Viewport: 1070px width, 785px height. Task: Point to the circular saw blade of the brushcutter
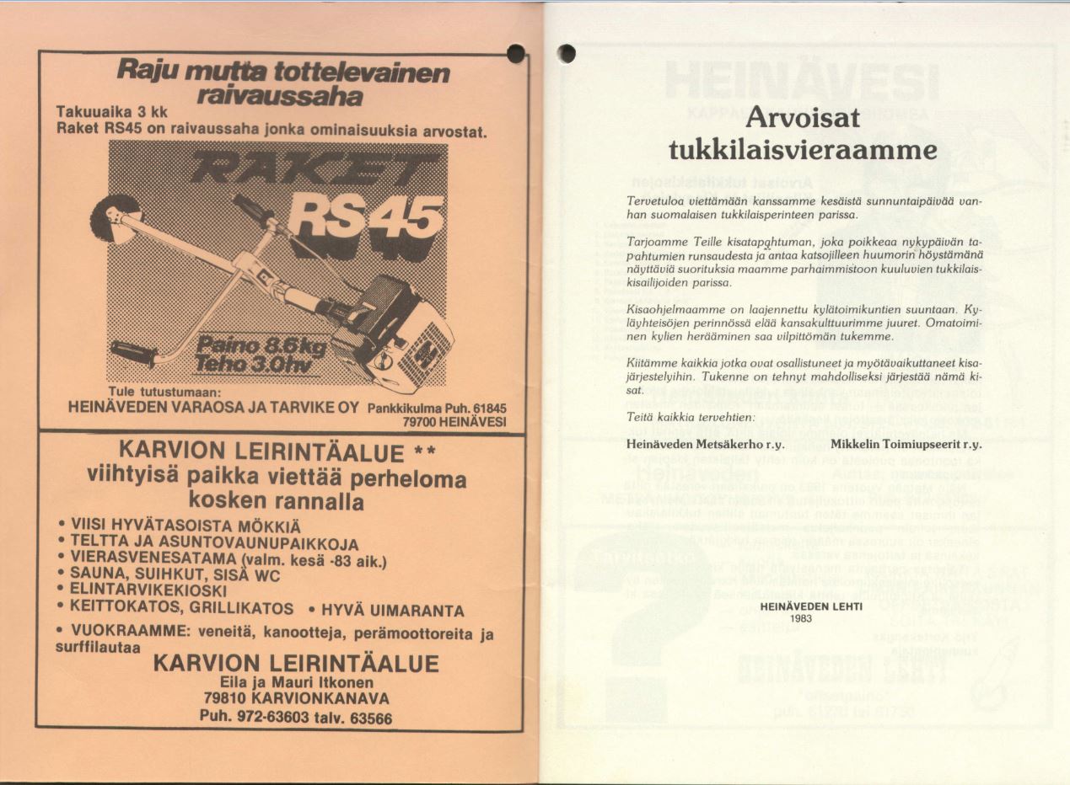[116, 219]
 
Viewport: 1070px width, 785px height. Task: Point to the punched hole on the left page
[516, 54]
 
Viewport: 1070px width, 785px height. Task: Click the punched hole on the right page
[567, 53]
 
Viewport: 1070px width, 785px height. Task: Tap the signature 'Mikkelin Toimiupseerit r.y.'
[906, 443]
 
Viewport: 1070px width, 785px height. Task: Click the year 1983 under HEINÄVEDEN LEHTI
[801, 617]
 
